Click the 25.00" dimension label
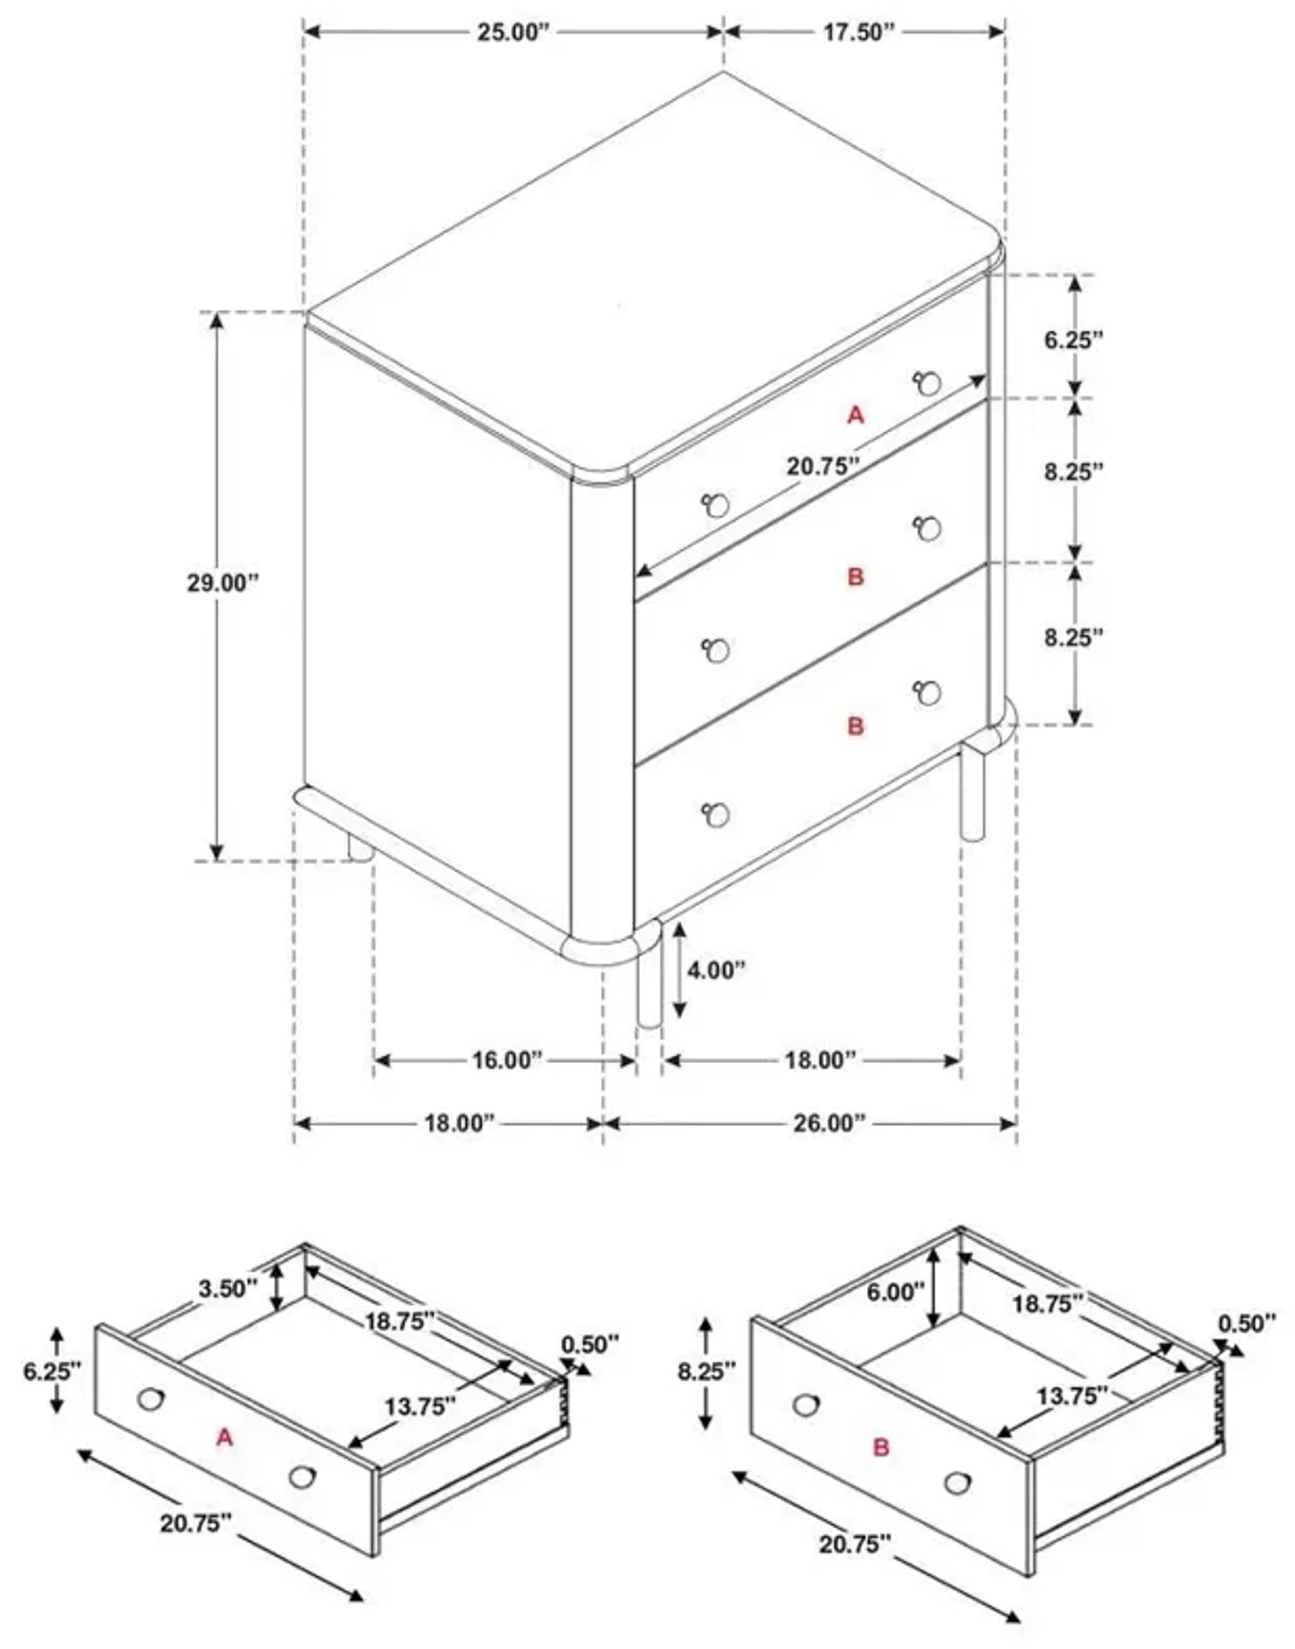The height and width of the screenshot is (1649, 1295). [x=512, y=33]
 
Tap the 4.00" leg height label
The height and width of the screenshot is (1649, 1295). [x=717, y=970]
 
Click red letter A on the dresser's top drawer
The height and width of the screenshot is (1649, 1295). [x=855, y=415]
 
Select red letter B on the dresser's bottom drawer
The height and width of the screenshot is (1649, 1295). [x=855, y=726]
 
